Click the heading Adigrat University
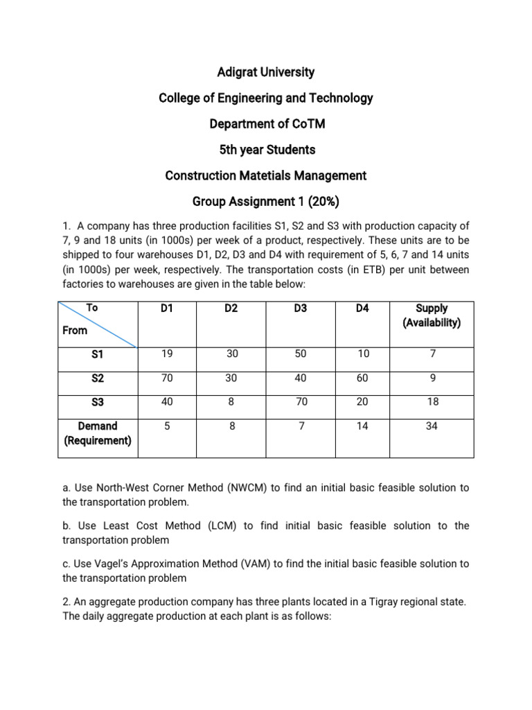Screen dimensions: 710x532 (x=265, y=72)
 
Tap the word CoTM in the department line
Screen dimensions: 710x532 (x=308, y=124)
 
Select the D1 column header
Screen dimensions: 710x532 (x=166, y=309)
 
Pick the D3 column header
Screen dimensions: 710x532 (x=300, y=309)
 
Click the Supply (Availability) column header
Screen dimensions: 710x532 (x=432, y=315)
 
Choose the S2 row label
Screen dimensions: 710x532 (x=97, y=378)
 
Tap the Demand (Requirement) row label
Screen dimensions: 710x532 (x=97, y=433)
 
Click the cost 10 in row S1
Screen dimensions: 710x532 (x=362, y=354)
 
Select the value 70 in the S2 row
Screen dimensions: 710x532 (x=166, y=378)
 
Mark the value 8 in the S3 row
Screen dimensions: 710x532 (x=232, y=402)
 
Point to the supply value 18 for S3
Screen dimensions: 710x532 (x=432, y=402)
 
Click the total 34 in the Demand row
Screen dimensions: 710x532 (x=432, y=426)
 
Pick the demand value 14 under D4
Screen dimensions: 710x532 (x=362, y=426)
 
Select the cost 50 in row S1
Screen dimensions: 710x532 (x=300, y=354)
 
